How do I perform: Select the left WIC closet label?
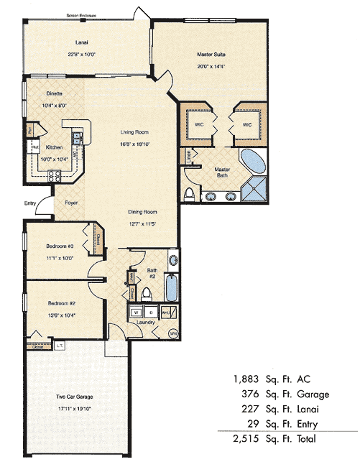tap(198, 124)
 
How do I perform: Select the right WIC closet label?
tap(246, 124)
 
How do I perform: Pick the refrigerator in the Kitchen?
tap(33, 147)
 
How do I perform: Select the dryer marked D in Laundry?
tap(152, 313)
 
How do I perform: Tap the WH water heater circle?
tap(173, 334)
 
